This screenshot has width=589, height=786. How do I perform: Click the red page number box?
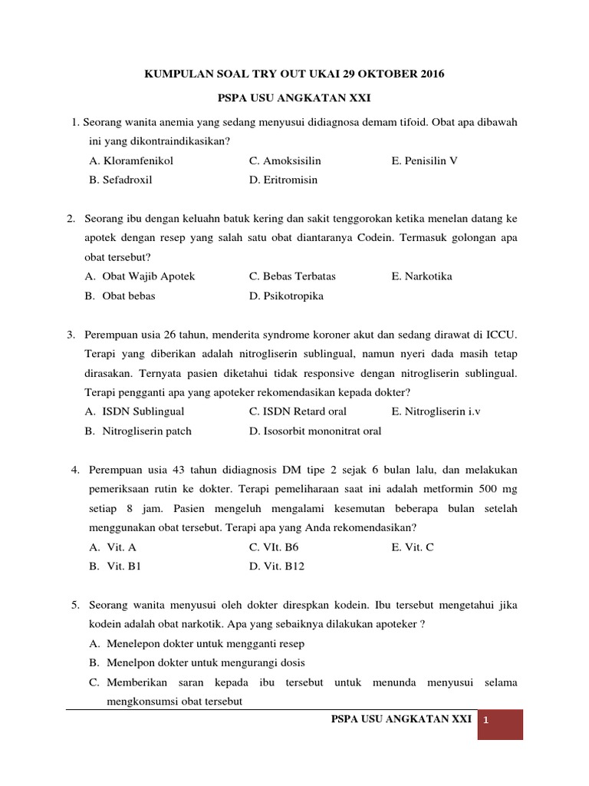(500, 724)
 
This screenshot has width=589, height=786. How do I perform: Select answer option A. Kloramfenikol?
(131, 160)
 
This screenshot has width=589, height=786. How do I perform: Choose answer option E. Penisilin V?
(424, 160)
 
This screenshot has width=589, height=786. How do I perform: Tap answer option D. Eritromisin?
(283, 180)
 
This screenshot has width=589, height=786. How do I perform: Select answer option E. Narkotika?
(421, 276)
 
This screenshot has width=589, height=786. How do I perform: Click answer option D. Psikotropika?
(286, 296)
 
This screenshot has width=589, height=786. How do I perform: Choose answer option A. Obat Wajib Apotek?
(140, 276)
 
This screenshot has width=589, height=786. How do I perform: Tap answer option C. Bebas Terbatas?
(292, 276)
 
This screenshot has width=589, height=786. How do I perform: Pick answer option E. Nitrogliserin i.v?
(436, 411)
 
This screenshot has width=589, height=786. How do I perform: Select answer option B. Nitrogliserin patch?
(138, 431)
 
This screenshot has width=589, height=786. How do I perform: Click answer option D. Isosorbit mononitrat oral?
(314, 431)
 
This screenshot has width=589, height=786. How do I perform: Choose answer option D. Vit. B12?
(277, 566)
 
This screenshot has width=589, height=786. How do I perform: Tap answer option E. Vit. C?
(413, 547)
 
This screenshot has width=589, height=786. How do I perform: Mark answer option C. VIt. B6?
(274, 547)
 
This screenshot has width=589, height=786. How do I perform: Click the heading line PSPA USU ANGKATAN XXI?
(294, 99)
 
